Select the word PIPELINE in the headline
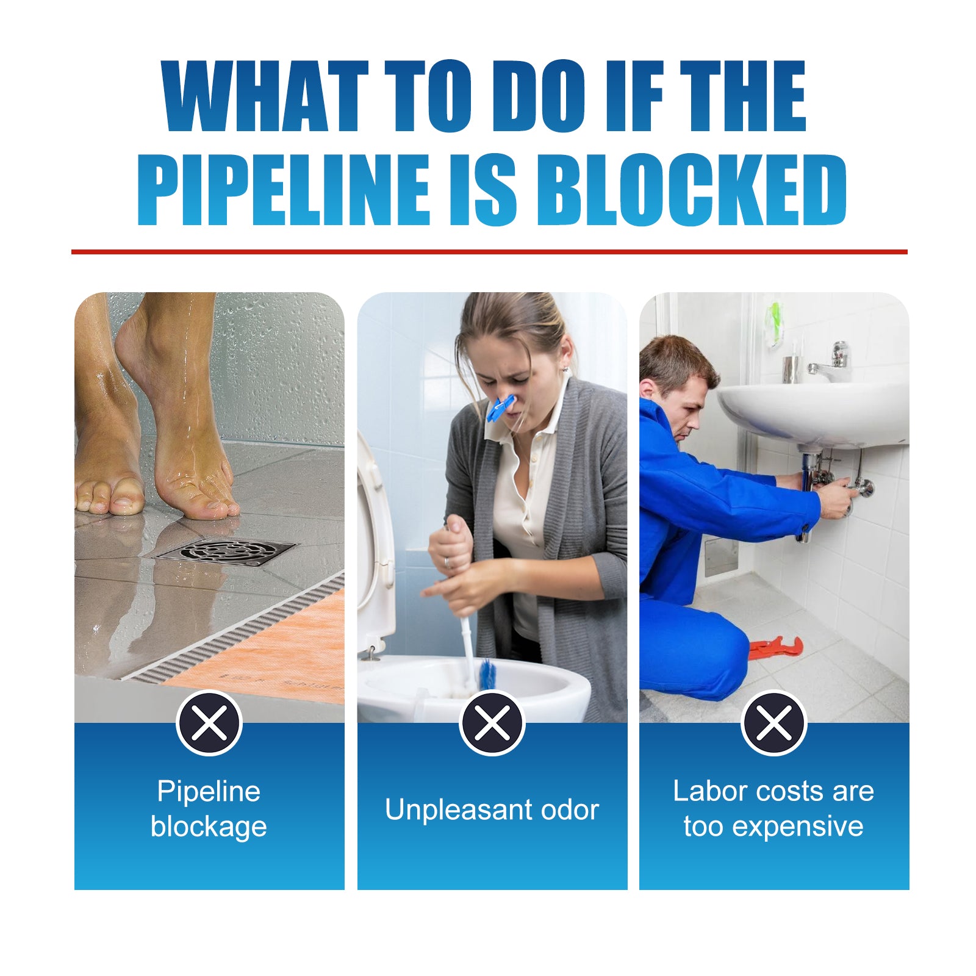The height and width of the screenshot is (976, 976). point(284,190)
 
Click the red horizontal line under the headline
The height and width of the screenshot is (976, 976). point(489,251)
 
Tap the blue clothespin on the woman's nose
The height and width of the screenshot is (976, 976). point(500,408)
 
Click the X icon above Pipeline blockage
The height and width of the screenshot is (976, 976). point(209,723)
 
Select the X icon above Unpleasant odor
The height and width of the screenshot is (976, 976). point(492,723)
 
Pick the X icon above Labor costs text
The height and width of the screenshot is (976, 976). point(773,723)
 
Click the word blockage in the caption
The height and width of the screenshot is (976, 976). point(209,827)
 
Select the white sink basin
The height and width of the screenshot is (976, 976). point(811,412)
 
